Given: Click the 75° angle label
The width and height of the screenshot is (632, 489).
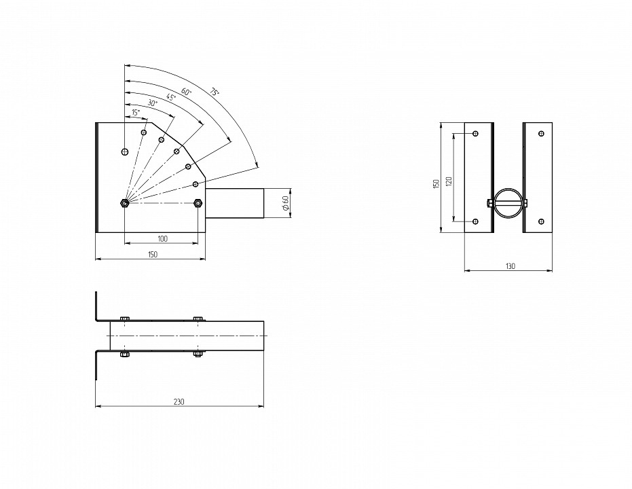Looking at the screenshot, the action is tap(214, 92).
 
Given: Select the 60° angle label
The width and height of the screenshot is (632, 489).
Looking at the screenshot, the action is tap(186, 92).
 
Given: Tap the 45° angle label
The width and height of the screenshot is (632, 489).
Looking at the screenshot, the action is tap(171, 97).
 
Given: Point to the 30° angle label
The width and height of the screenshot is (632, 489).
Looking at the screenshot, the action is tap(153, 103).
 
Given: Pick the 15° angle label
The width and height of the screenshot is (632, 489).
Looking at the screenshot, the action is tap(136, 113).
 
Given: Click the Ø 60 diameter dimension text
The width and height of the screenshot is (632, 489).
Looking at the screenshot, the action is tap(285, 203).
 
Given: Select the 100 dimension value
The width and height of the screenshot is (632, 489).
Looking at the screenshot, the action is tap(162, 238).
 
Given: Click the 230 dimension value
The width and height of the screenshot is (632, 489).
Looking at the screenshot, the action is tap(179, 401).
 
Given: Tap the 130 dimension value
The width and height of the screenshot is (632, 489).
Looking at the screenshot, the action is tap(510, 266).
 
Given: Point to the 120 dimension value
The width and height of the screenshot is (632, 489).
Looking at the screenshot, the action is tap(449, 181).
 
